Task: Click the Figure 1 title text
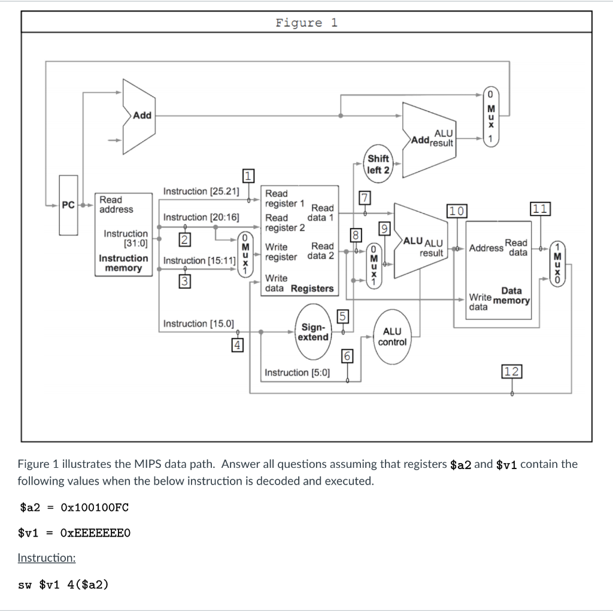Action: (x=306, y=23)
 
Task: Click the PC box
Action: (x=68, y=205)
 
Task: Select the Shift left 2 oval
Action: (x=378, y=164)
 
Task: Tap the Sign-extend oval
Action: (x=314, y=332)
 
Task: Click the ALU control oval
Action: (x=392, y=337)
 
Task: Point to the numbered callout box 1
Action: (x=248, y=176)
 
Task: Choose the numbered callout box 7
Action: (x=365, y=198)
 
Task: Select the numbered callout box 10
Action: (x=457, y=210)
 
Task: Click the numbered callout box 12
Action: (x=512, y=371)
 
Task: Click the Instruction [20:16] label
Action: (x=201, y=217)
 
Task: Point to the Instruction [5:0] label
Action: (x=297, y=373)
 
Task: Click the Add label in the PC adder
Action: (x=142, y=115)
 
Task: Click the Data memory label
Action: (x=511, y=295)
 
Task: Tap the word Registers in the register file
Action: (x=312, y=289)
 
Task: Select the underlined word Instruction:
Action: (x=47, y=558)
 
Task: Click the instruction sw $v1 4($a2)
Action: (x=63, y=584)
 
